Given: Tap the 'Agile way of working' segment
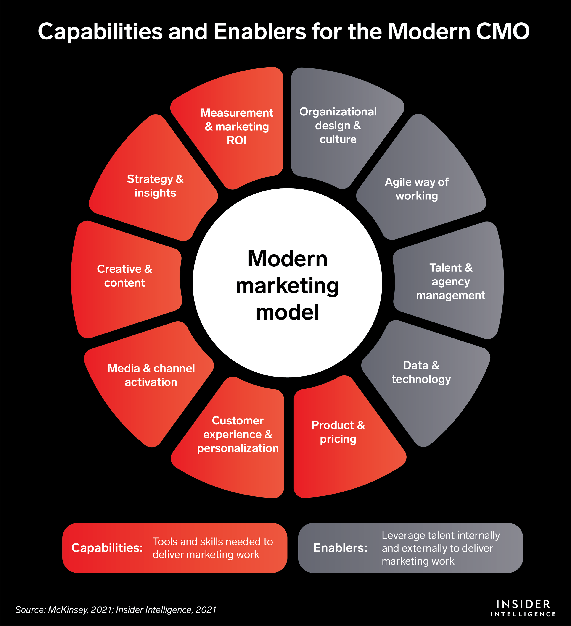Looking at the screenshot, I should click(x=417, y=189).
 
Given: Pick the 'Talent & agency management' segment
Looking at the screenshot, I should click(x=450, y=281).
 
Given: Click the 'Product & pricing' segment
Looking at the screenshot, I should click(x=338, y=432).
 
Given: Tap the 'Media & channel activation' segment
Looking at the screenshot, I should click(x=151, y=375).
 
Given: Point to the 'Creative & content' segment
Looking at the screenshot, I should click(x=124, y=276).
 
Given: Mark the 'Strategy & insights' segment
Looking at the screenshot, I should click(x=155, y=186).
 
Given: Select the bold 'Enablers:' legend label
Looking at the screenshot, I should click(x=340, y=548).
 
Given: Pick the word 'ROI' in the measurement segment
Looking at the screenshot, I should click(x=237, y=140).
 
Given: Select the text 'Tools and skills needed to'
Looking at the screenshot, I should click(x=213, y=541).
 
